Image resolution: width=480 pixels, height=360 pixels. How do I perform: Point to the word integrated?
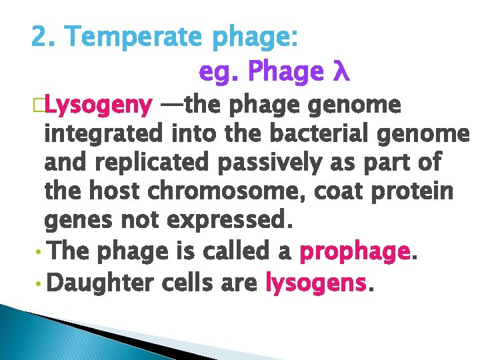click(105, 135)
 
